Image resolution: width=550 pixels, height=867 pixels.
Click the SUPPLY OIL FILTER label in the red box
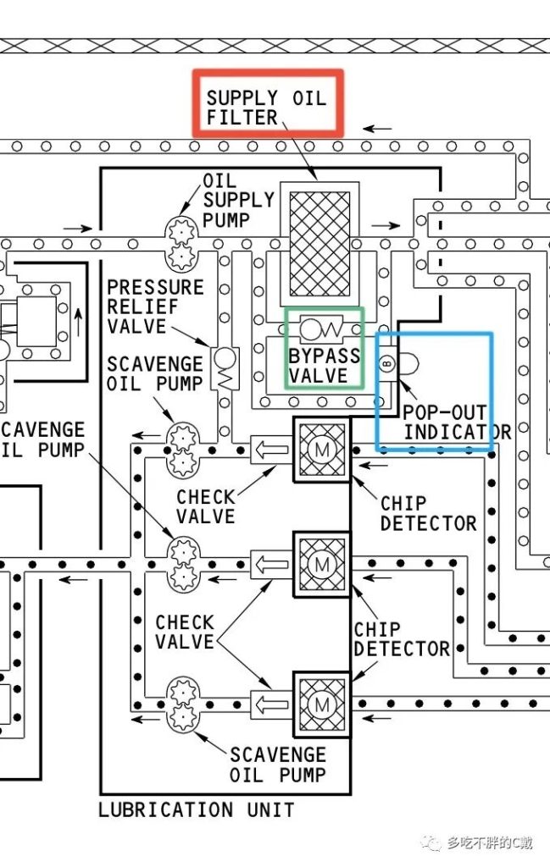265,107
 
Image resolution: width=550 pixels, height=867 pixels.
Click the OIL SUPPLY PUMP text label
238,201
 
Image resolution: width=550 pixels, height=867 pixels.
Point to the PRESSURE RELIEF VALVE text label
155,307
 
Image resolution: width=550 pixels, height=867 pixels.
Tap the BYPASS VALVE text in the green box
324,365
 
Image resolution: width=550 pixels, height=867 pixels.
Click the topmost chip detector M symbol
321,450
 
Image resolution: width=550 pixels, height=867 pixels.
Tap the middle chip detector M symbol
321,562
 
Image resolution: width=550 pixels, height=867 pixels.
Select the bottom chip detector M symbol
321,704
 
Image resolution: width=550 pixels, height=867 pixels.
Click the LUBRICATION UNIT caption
197,809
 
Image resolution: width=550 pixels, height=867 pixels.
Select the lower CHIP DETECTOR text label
401,639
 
